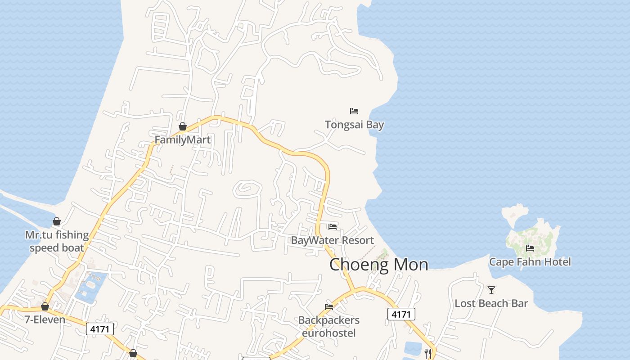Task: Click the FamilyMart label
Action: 182,139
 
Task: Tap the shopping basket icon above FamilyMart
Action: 183,126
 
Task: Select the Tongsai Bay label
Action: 354,125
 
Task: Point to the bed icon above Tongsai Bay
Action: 354,111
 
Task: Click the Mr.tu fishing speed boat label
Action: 57,241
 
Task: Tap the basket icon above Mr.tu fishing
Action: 57,221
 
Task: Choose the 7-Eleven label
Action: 45,319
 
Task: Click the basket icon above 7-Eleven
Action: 45,306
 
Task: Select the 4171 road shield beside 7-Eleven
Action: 100,329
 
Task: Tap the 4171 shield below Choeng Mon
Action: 401,314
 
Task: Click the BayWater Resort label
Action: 332,240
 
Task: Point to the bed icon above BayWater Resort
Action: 333,226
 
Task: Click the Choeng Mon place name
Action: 378,265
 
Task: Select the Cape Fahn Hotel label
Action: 530,262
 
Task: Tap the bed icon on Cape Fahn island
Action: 530,248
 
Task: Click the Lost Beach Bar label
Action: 491,303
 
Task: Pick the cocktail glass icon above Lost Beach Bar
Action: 491,290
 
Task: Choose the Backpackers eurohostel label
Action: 329,326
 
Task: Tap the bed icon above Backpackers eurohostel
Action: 329,307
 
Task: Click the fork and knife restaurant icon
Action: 427,353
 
